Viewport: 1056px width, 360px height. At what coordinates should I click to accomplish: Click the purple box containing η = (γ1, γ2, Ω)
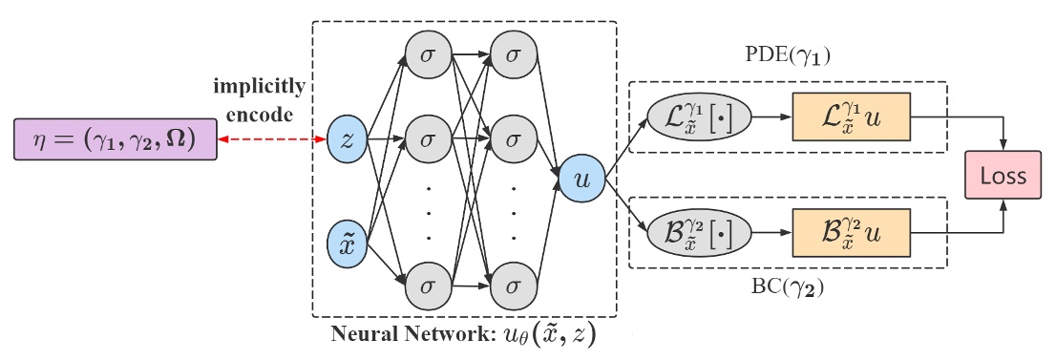[114, 139]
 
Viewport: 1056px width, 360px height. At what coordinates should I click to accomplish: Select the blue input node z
[346, 139]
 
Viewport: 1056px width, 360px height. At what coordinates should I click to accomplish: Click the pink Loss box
[1002, 176]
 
